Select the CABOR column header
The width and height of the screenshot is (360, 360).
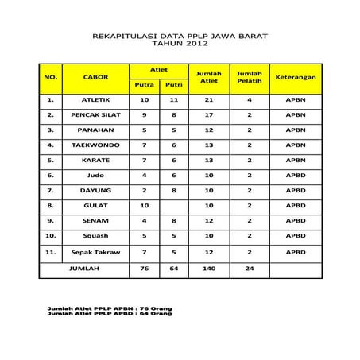coord(96,77)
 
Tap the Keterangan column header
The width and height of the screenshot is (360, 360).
coord(296,77)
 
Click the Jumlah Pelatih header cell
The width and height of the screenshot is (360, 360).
coord(250,77)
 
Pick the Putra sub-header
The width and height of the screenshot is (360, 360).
coord(145,84)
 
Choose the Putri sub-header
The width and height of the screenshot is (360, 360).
coord(174,84)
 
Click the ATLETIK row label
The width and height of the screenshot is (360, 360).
coord(96,100)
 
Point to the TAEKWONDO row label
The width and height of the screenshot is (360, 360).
coord(96,145)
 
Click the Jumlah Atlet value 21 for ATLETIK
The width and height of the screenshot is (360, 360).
coord(210,100)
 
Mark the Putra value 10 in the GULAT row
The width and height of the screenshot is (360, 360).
coord(145,205)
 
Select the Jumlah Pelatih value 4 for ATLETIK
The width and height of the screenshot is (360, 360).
coord(250,100)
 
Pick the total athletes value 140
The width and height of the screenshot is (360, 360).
coord(210,269)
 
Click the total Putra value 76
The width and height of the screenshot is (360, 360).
coord(145,269)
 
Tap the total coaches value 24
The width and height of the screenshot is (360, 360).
coord(250,269)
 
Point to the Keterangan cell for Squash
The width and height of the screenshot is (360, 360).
coord(296,236)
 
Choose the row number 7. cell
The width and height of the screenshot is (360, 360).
coord(50,191)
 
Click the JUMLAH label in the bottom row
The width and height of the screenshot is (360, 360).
coord(83,269)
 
